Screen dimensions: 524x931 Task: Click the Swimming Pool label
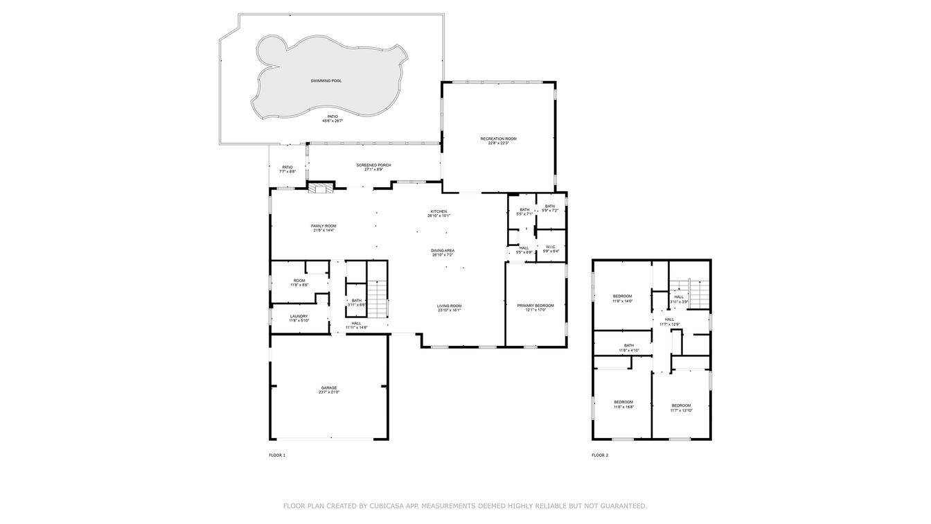[326, 81]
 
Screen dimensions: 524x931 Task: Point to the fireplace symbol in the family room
[321, 188]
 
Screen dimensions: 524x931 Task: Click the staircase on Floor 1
[378, 297]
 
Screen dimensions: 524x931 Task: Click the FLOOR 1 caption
[277, 455]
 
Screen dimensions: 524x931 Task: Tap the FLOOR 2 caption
[600, 455]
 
